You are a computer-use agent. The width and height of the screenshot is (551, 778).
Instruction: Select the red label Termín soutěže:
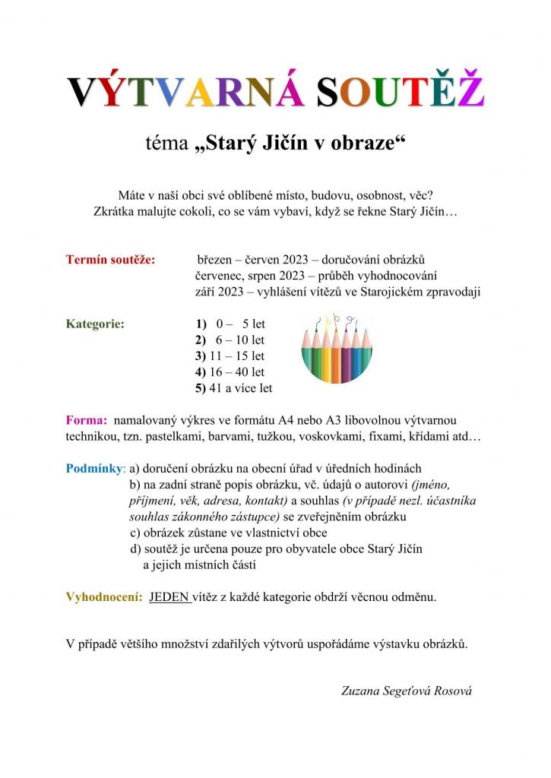(110, 261)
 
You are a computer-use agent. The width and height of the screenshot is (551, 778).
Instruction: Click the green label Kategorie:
(96, 324)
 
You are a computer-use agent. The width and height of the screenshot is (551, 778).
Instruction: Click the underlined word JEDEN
(170, 596)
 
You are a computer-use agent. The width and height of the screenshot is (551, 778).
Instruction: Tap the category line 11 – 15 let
(230, 356)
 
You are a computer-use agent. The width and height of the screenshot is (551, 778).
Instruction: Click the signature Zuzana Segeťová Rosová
(407, 691)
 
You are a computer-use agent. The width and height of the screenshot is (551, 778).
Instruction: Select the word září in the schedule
(207, 293)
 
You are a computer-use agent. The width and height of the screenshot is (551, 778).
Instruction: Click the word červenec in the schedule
(220, 277)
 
